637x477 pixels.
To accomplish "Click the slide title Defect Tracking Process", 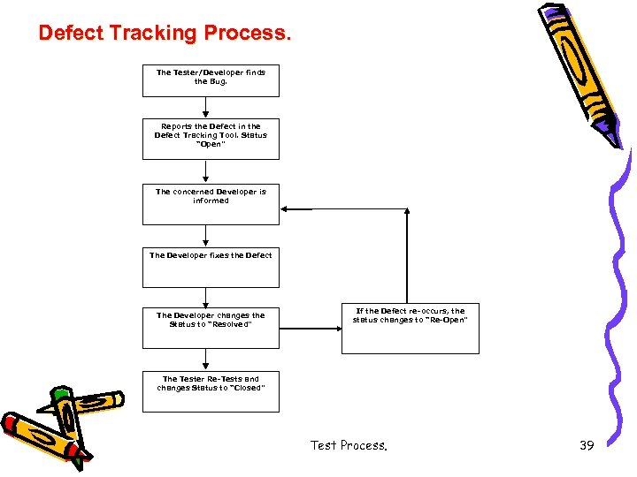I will pyautogui.click(x=164, y=34).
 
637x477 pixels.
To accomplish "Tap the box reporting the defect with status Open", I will pyautogui.click(x=211, y=138).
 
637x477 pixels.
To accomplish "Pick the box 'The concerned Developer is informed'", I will pyautogui.click(x=211, y=203).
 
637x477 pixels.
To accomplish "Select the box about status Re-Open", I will pyautogui.click(x=410, y=328).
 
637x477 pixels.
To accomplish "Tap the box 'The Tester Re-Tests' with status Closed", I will pyautogui.click(x=211, y=390).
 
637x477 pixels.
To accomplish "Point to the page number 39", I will pyautogui.click(x=587, y=445).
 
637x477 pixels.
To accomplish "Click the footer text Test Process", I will pyautogui.click(x=349, y=445).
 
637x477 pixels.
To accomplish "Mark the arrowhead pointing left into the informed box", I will pyautogui.click(x=286, y=209).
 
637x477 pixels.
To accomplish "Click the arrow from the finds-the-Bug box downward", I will pyautogui.click(x=206, y=107).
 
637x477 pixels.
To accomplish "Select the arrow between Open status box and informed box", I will pyautogui.click(x=206, y=170).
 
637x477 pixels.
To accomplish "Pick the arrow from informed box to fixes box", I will pyautogui.click(x=206, y=236).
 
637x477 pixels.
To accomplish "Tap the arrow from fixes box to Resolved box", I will pyautogui.click(x=206, y=298).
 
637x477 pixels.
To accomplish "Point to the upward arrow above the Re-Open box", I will pyautogui.click(x=407, y=256).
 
